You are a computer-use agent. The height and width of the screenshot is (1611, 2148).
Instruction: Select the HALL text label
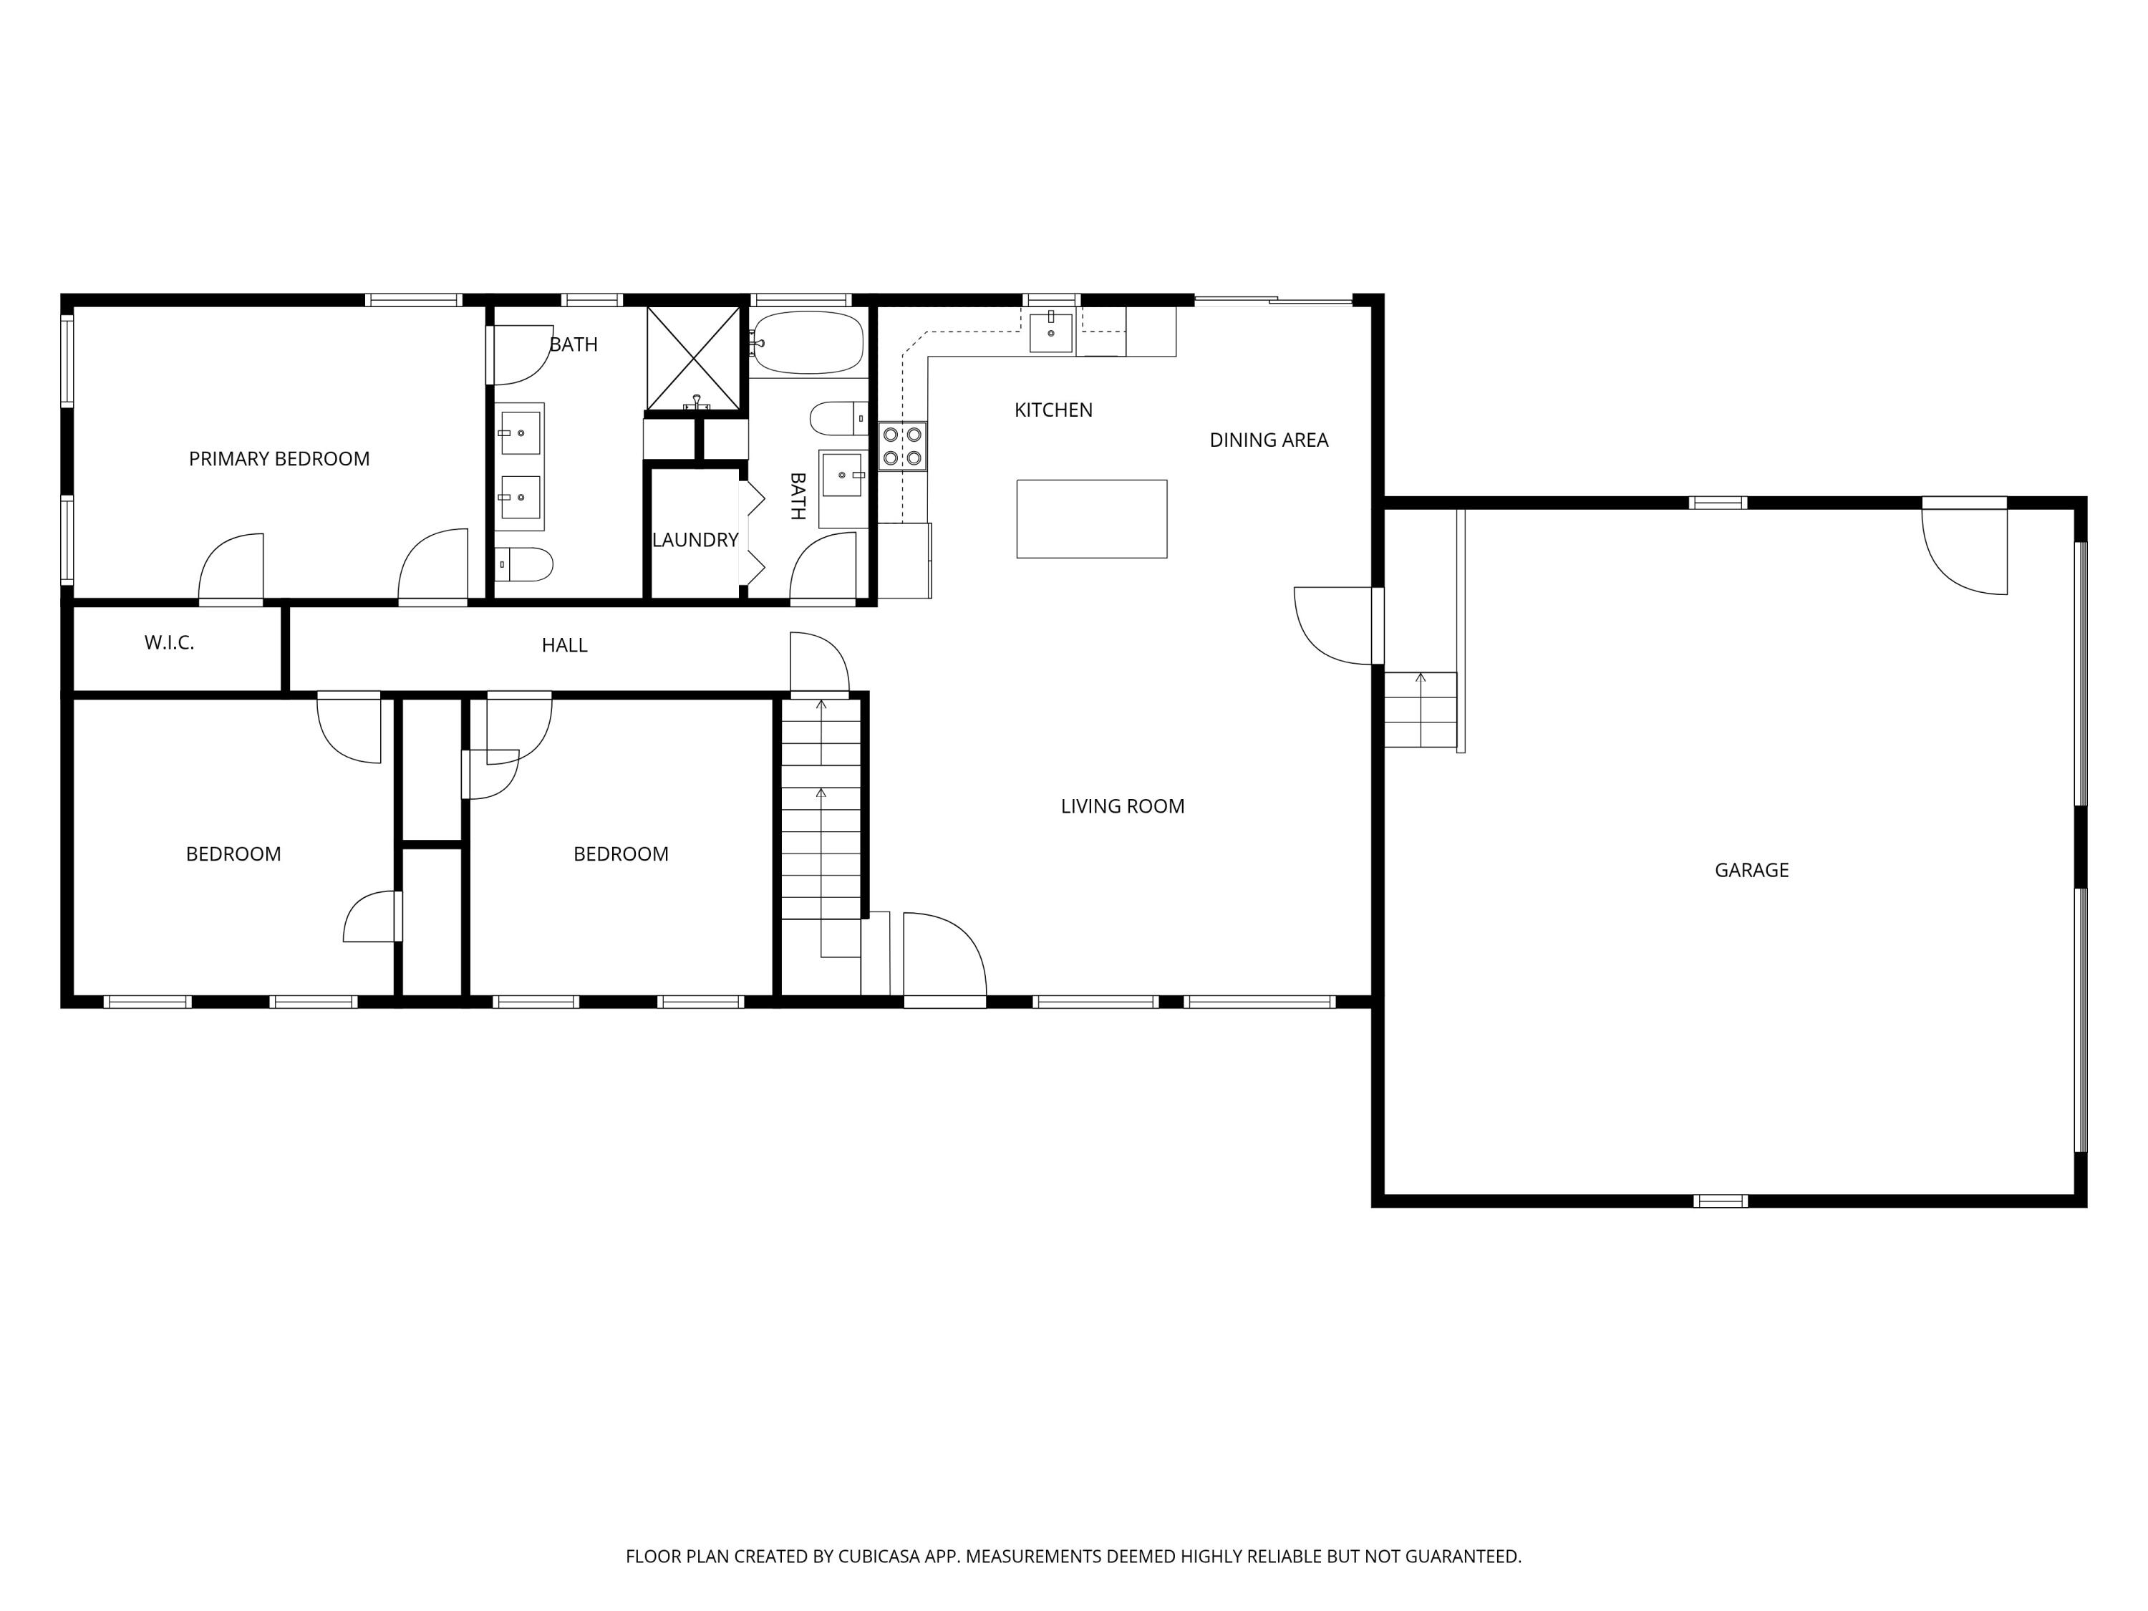pos(564,646)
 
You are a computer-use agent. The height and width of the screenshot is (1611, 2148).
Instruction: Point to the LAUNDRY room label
pos(695,540)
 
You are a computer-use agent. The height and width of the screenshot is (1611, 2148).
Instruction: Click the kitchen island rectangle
pos(1091,518)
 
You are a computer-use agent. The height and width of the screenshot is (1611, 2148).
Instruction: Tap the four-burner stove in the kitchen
pos(902,447)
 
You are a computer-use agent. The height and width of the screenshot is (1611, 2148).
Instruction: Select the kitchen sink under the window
pos(1050,331)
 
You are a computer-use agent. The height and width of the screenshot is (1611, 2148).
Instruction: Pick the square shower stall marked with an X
pos(693,357)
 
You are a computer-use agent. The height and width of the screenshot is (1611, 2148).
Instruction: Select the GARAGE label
pos(1751,870)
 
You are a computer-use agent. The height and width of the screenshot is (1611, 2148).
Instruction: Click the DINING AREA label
pos(1268,440)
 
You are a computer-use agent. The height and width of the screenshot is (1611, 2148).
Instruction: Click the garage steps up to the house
pos(1420,709)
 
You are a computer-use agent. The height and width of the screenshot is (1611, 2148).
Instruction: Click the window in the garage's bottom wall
pos(1720,1201)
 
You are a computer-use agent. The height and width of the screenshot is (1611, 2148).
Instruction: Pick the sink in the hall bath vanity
pos(842,475)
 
